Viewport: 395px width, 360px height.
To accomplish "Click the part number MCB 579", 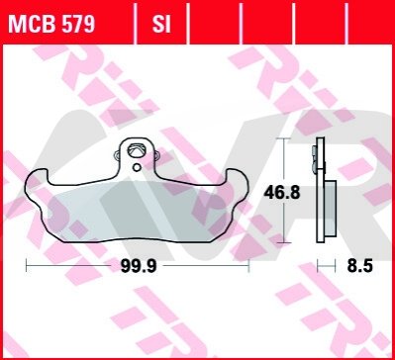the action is pos(51,24).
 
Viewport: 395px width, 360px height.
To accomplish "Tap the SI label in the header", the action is pos(161,24).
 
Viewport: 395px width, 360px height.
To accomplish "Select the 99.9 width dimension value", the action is pos(139,266).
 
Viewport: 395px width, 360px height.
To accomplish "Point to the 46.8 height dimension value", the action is pos(282,193).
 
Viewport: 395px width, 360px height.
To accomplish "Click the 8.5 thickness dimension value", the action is pos(359,266).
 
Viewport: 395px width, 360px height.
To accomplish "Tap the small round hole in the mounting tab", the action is pos(137,168).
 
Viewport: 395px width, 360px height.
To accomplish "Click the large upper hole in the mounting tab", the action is pos(137,149).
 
